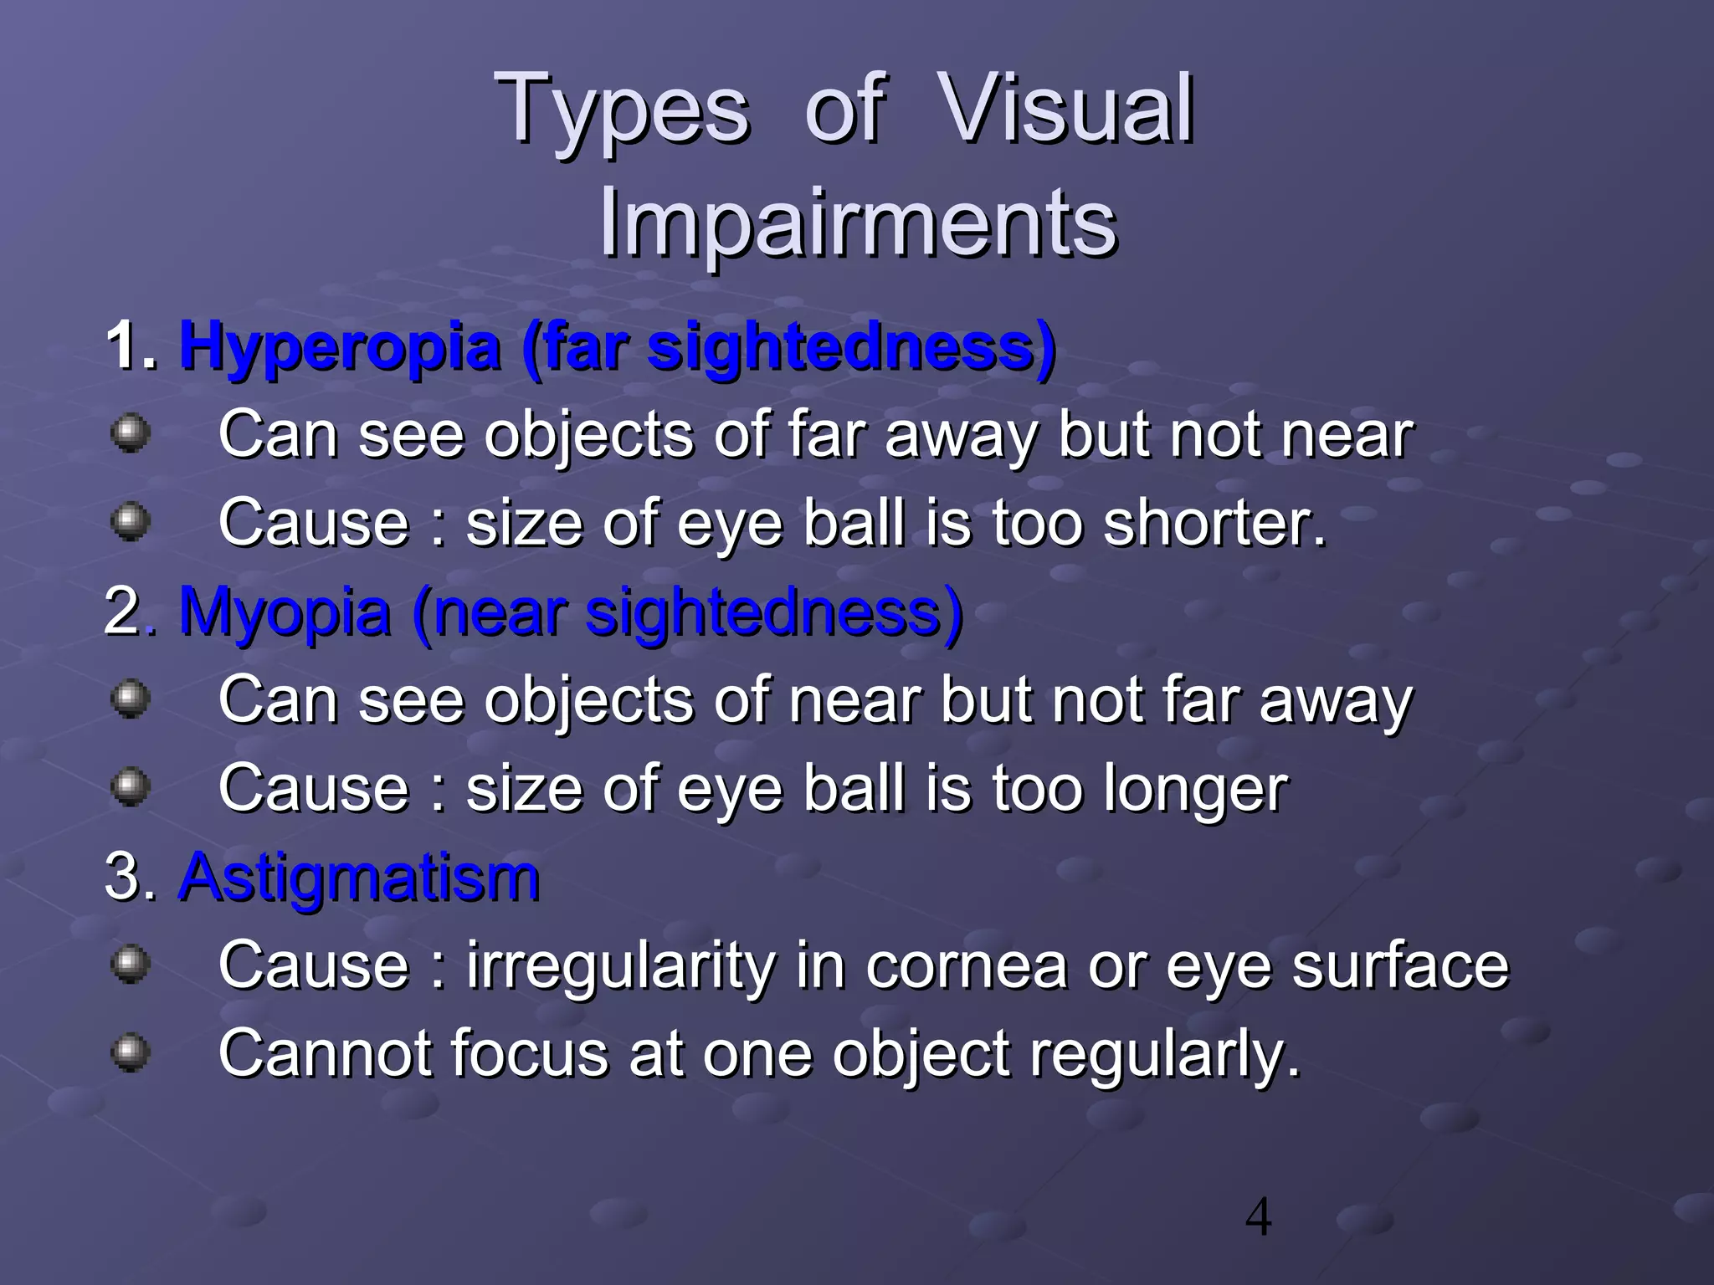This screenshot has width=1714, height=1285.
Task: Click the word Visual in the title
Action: point(1065,109)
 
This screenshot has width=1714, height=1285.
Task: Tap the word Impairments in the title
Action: point(857,223)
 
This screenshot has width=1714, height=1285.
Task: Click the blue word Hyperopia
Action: point(339,347)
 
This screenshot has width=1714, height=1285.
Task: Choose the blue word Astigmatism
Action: point(359,878)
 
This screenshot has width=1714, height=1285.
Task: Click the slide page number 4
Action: point(1258,1218)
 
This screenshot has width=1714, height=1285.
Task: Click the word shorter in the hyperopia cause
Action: point(1214,523)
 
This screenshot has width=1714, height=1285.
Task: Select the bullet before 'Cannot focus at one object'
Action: point(131,1052)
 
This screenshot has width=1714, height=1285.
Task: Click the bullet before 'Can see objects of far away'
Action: point(131,433)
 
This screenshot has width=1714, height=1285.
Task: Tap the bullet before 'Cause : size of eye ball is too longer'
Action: point(131,786)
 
